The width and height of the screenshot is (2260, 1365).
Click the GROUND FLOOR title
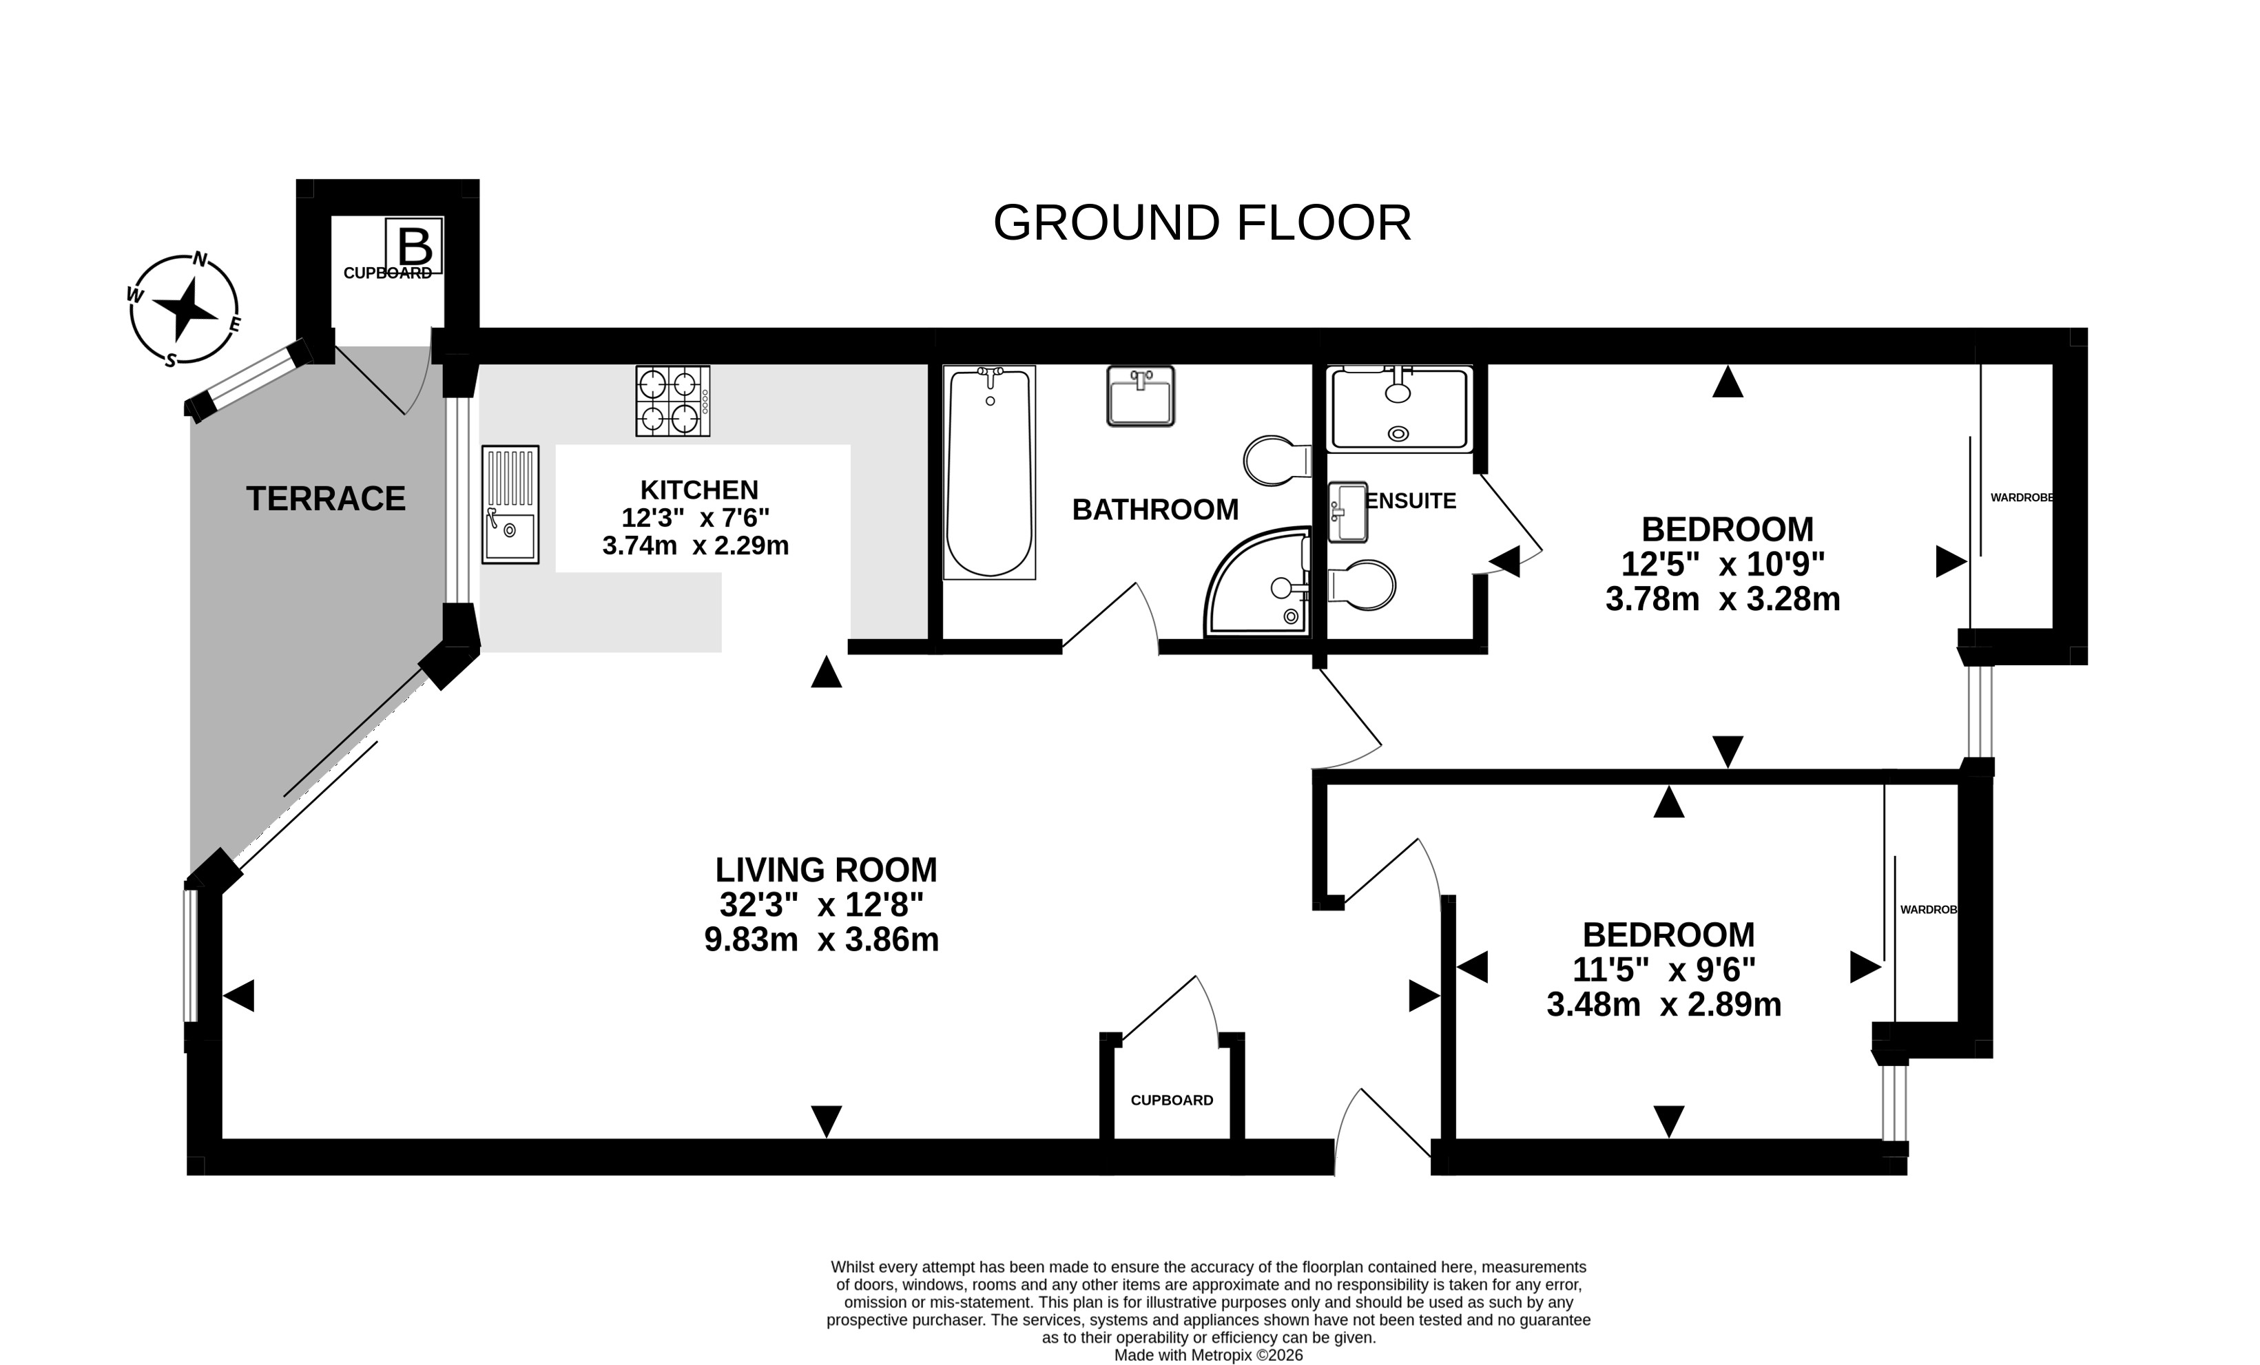point(1201,223)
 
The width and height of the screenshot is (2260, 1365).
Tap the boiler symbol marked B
point(414,246)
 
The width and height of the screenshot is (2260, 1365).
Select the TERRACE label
point(326,499)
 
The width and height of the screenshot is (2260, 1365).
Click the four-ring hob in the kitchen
point(673,401)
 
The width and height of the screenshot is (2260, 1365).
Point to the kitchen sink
point(510,505)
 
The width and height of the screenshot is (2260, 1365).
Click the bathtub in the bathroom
point(990,472)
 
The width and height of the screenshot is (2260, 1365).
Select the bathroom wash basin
point(1140,396)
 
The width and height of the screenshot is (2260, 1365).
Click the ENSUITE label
point(1411,501)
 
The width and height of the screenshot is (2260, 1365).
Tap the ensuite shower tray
point(1399,409)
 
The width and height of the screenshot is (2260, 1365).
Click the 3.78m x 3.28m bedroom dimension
point(1723,599)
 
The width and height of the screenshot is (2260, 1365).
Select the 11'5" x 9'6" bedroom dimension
point(1663,970)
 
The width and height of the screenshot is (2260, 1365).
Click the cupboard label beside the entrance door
point(1171,1101)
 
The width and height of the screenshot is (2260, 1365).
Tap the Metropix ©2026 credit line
point(1208,1355)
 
